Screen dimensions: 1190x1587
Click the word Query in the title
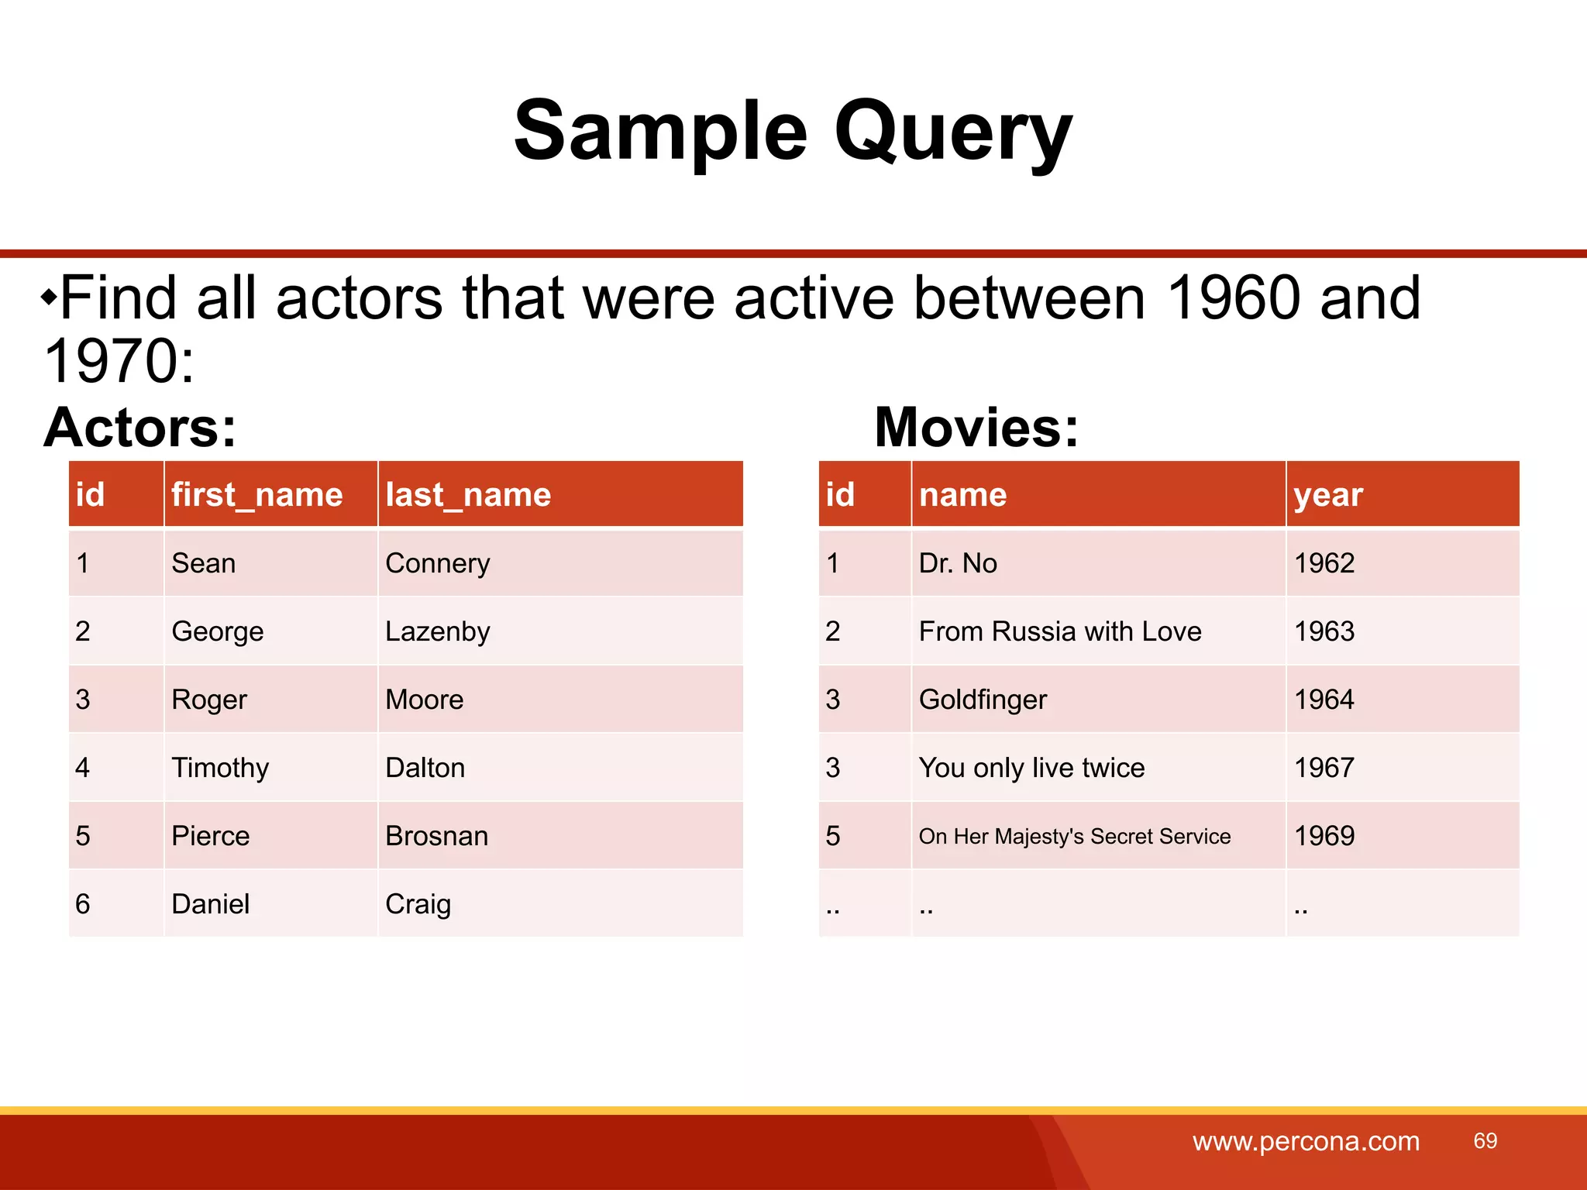[x=952, y=132]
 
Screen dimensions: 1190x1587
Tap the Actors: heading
[x=140, y=428]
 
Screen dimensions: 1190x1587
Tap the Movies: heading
[x=976, y=428]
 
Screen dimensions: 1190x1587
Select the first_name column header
[x=256, y=494]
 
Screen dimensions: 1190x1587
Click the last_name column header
[x=468, y=494]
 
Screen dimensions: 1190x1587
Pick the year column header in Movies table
[x=1328, y=494]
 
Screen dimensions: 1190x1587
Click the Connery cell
[x=438, y=563]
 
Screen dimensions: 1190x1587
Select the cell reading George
[x=218, y=631]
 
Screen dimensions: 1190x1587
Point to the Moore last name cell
[x=425, y=700]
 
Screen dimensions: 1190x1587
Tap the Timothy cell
[x=220, y=768]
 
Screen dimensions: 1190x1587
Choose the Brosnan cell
[x=437, y=836]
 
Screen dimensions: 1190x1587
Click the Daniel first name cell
[x=211, y=904]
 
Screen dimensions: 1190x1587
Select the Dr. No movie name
[x=958, y=563]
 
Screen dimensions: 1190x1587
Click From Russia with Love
[x=1060, y=631]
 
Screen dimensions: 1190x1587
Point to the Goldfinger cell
[x=983, y=700]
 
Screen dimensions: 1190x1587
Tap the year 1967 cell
[x=1324, y=768]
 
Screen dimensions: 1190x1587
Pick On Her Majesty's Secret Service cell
[x=1075, y=837]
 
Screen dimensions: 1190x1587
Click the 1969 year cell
[x=1324, y=836]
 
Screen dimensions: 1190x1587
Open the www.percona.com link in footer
[x=1306, y=1141]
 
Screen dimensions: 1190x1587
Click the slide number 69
[x=1485, y=1140]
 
